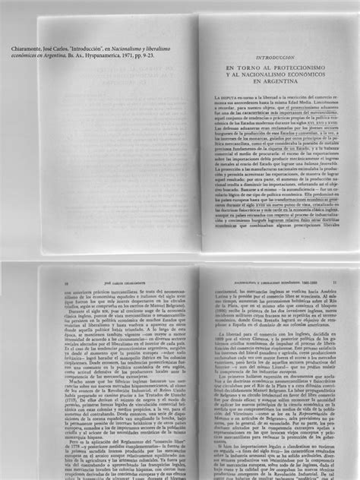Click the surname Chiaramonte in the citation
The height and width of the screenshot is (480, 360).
(22, 49)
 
